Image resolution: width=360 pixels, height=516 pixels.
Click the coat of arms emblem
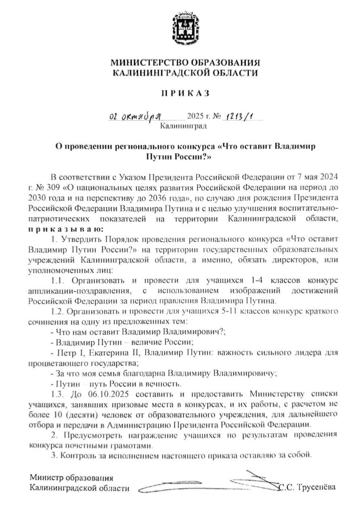pyautogui.click(x=185, y=29)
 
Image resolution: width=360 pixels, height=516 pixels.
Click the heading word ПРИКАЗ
pyautogui.click(x=185, y=94)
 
